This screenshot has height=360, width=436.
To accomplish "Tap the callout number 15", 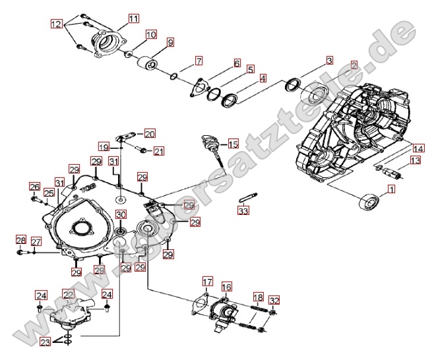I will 233,144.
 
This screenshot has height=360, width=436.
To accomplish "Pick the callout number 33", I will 243,211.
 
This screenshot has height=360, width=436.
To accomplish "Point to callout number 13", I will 415,160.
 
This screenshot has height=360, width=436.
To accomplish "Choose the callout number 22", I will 68,294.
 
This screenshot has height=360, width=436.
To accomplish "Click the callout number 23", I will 44,342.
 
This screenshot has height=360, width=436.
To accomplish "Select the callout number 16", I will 226,287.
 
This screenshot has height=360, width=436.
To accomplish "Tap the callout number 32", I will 274,301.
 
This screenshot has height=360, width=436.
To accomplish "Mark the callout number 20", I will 150,133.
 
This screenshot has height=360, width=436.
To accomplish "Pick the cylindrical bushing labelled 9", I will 147,64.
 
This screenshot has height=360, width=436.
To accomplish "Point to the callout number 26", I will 34,187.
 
